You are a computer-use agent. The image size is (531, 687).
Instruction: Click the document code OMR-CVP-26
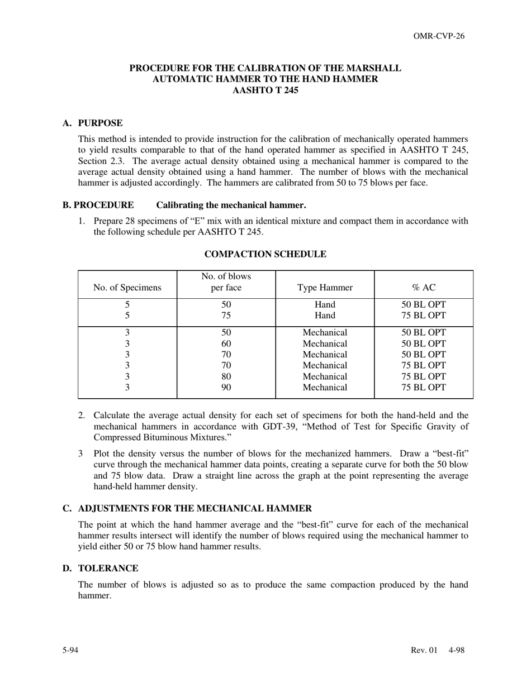pos(439,36)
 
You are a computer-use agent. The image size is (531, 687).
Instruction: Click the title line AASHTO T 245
pos(265,90)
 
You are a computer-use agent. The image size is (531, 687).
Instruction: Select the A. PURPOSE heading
pos(93,123)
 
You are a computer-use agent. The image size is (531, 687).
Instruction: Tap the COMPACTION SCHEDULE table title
pos(265,254)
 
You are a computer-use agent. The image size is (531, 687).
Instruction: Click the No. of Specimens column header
pos(127,288)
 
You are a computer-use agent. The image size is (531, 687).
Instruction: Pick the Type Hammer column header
pos(325,288)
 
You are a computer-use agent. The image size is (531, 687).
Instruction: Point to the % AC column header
pos(423,288)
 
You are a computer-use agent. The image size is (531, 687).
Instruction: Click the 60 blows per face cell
pos(226,344)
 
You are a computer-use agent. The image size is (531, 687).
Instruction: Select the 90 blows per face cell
pos(226,387)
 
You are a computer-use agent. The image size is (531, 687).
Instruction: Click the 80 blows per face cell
pos(226,376)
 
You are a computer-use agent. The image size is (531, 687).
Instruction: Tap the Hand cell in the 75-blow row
pos(325,316)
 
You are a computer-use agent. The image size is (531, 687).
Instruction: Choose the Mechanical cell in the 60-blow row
pos(325,344)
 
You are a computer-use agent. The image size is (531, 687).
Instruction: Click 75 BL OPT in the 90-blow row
pos(423,387)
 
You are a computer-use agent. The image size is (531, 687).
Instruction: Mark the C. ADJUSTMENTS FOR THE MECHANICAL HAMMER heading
pos(187,508)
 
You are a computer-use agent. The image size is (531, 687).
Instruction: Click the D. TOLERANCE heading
pos(101,568)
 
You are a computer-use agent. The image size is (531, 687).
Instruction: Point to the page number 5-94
pos(70,650)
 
